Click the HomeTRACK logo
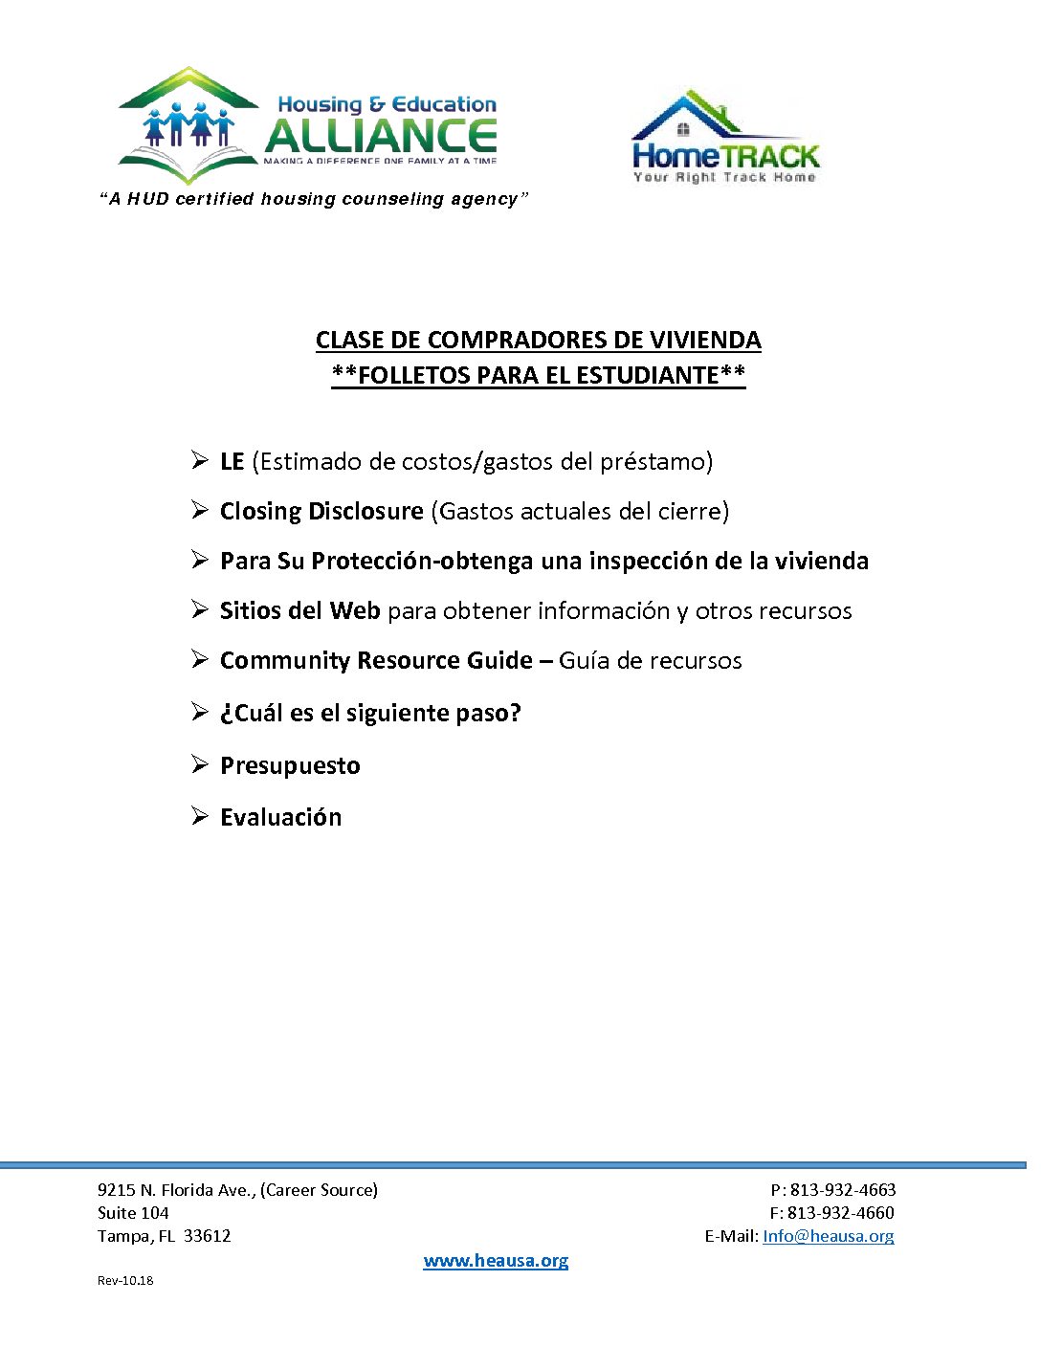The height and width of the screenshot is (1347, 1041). point(725,139)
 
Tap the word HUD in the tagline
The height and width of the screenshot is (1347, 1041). point(148,199)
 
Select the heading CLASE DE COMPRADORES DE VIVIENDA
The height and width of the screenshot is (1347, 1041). point(538,340)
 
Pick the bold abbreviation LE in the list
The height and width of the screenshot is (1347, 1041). point(233,462)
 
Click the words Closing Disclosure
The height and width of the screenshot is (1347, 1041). point(321,511)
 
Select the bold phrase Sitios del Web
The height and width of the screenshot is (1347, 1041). point(299,610)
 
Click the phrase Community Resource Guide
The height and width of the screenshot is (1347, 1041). point(376,660)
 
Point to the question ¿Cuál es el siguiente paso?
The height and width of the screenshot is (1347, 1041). point(370,713)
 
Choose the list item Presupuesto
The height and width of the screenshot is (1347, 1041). point(290,765)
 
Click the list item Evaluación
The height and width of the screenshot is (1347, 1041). point(280,817)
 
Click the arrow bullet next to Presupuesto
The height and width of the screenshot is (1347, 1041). point(199,763)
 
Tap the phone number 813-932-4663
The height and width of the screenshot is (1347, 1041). point(842,1190)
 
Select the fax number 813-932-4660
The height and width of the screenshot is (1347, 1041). point(840,1213)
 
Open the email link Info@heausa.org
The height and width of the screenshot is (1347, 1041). point(828,1236)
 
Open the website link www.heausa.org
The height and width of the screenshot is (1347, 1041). point(496,1261)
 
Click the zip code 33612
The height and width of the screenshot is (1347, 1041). point(207,1236)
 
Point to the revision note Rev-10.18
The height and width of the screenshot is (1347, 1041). point(125,1281)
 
